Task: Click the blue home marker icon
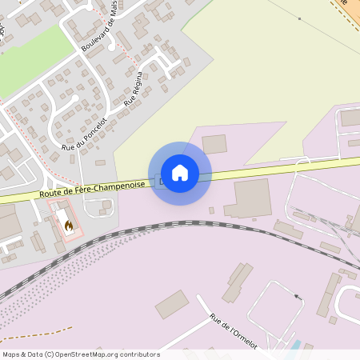coord(180,173)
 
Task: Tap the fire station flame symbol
coord(69,226)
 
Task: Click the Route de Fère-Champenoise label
coord(93,190)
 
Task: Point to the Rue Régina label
coord(133,89)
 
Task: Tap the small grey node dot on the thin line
coord(299,18)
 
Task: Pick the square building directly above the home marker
coord(214,144)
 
